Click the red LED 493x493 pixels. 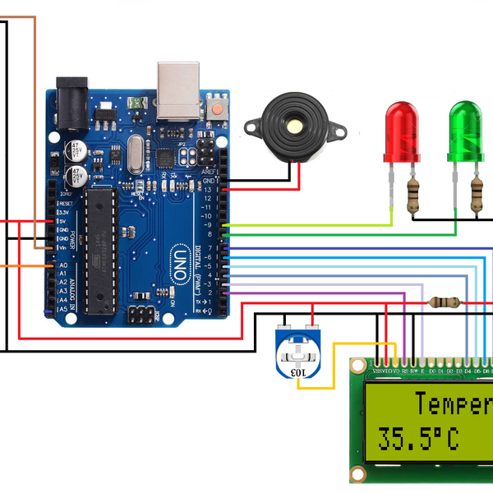402,131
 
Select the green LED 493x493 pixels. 464,131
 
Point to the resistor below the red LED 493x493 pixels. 413,196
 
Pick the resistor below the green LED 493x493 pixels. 477,196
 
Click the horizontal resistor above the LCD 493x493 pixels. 445,303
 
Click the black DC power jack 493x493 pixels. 71,103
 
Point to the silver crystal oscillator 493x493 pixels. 131,155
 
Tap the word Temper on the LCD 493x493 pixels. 452,404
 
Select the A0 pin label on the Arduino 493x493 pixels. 62,266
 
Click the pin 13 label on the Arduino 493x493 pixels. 209,190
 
